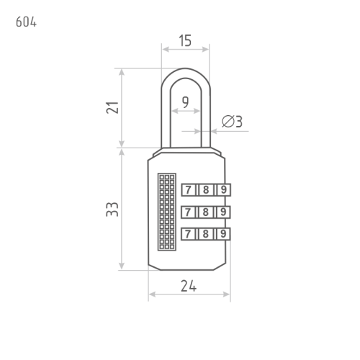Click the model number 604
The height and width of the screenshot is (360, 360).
(26, 22)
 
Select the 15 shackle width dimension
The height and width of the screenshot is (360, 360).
(185, 41)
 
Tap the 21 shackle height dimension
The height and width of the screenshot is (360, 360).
(112, 107)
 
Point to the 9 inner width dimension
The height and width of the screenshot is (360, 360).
(185, 102)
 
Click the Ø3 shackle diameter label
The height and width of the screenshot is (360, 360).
(232, 121)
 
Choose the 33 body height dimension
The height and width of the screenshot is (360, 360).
(112, 210)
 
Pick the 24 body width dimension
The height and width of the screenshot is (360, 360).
(189, 286)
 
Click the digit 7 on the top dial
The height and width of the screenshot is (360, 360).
(189, 190)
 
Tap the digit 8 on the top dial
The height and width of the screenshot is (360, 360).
(206, 190)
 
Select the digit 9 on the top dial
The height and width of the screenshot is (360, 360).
(223, 190)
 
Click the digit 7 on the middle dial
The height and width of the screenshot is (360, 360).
(188, 212)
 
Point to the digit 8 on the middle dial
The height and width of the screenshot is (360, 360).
(205, 212)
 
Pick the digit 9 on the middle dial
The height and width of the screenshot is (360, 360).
(223, 212)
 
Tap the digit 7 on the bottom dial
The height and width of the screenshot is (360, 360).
(188, 234)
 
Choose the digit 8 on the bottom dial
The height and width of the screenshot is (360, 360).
(205, 234)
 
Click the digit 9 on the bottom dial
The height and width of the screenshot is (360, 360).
(223, 234)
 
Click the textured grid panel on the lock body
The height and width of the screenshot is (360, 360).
(167, 212)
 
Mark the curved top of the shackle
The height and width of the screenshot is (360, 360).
(186, 73)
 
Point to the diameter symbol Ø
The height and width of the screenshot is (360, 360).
(228, 121)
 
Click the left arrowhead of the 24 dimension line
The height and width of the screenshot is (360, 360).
(152, 294)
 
